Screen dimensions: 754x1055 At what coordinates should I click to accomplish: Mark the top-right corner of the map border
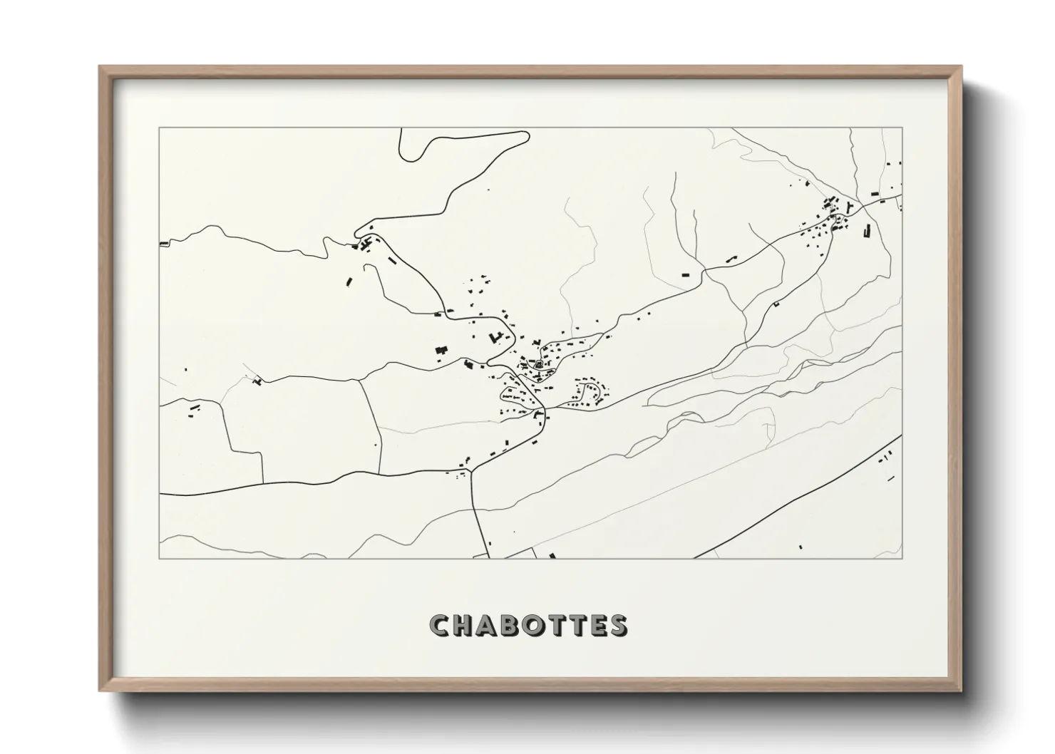coord(902,128)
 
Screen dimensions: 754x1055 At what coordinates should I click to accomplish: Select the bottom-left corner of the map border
coord(159,558)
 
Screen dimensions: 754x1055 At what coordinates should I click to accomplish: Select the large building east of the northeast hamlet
coord(868,230)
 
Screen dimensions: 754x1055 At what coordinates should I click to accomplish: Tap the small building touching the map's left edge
coord(163,244)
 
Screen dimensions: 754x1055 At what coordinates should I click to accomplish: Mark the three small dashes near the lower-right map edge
coord(887,455)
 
